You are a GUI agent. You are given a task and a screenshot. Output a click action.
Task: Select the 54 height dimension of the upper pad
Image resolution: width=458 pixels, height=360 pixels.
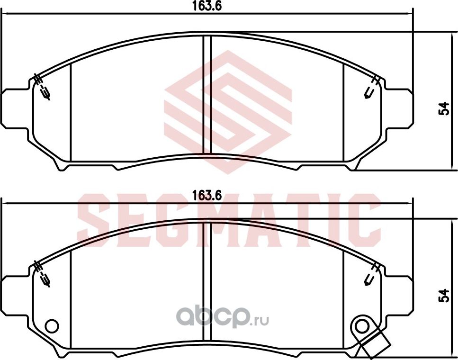pyautogui.click(x=444, y=108)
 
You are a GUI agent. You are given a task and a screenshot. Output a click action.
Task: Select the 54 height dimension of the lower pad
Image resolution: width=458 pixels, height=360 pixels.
pyautogui.click(x=444, y=295)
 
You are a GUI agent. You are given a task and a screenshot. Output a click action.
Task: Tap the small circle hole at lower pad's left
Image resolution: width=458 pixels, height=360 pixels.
pyautogui.click(x=51, y=326)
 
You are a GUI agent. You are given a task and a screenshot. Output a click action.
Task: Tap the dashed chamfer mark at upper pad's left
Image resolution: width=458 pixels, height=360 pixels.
pyautogui.click(x=43, y=88)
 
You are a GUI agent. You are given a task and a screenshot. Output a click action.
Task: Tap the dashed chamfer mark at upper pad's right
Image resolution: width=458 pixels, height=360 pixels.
pyautogui.click(x=372, y=88)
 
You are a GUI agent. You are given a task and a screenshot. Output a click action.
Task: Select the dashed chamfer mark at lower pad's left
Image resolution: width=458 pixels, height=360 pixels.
pyautogui.click(x=43, y=274)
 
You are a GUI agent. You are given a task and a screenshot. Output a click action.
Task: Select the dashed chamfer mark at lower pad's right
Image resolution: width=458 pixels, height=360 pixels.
pyautogui.click(x=372, y=274)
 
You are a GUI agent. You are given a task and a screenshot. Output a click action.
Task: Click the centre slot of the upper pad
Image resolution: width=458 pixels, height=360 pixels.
pyautogui.click(x=207, y=95)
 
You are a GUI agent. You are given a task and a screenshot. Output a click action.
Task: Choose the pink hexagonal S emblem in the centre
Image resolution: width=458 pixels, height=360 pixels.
pyautogui.click(x=227, y=111)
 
